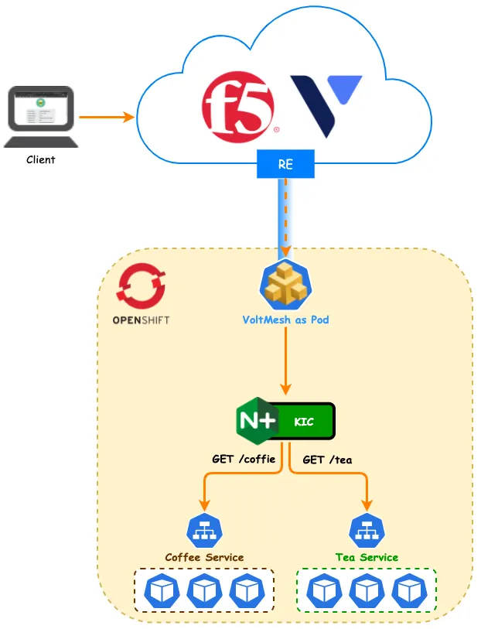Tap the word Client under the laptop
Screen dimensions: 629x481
[x=41, y=160]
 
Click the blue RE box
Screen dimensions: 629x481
[x=286, y=164]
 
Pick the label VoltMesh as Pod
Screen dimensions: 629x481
[x=285, y=319]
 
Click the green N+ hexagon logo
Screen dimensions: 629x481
[x=256, y=421]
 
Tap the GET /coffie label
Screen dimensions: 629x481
[x=244, y=459]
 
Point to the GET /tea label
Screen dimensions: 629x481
[x=327, y=460]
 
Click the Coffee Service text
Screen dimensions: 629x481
[x=204, y=557]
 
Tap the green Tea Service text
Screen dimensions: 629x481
[x=367, y=557]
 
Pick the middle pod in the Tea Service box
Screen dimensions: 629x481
[x=367, y=591]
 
